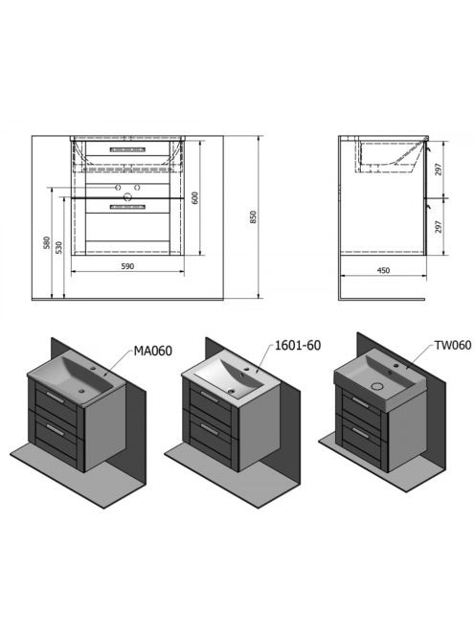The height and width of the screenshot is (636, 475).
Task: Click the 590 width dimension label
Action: pyautogui.click(x=127, y=266)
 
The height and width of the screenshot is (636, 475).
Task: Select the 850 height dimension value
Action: pyautogui.click(x=253, y=217)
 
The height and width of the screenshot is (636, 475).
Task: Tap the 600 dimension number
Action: pyautogui.click(x=194, y=198)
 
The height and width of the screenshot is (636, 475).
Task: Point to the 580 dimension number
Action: pyautogui.click(x=47, y=242)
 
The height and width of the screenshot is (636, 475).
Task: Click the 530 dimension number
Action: pyautogui.click(x=58, y=247)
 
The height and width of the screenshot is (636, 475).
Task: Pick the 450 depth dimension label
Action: pyautogui.click(x=383, y=270)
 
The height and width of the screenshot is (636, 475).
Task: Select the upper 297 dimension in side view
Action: pyautogui.click(x=438, y=170)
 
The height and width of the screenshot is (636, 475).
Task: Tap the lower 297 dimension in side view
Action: pyautogui.click(x=438, y=227)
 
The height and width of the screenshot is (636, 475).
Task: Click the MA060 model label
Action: pyautogui.click(x=153, y=351)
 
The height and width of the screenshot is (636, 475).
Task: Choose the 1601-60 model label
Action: pyautogui.click(x=298, y=346)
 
